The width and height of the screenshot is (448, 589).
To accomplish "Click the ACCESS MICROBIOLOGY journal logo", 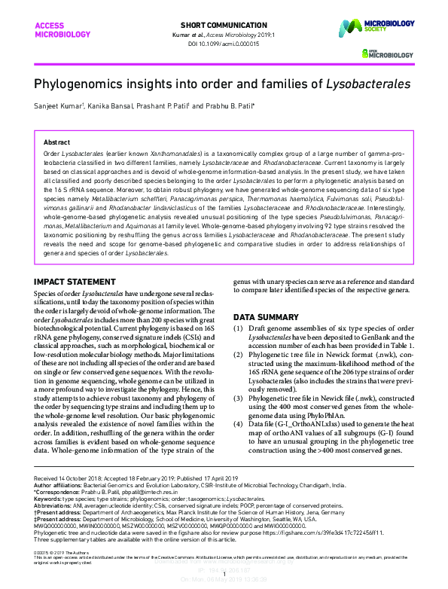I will pos(55,29).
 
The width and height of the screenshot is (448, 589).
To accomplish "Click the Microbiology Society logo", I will pos(376,30).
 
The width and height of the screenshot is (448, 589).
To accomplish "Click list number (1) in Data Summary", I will pos(239,330).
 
